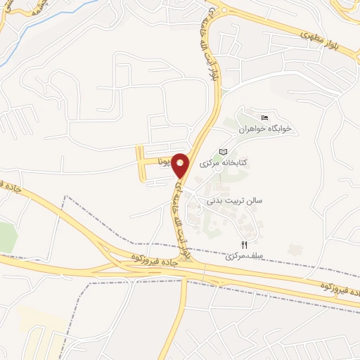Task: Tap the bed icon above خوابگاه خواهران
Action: point(264,117)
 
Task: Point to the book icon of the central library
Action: point(224,152)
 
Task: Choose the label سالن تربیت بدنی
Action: point(233,201)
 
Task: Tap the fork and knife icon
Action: point(245,244)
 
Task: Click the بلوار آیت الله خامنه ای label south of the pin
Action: point(180,219)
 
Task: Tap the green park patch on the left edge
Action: point(6,236)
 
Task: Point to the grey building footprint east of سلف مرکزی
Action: point(295,250)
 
